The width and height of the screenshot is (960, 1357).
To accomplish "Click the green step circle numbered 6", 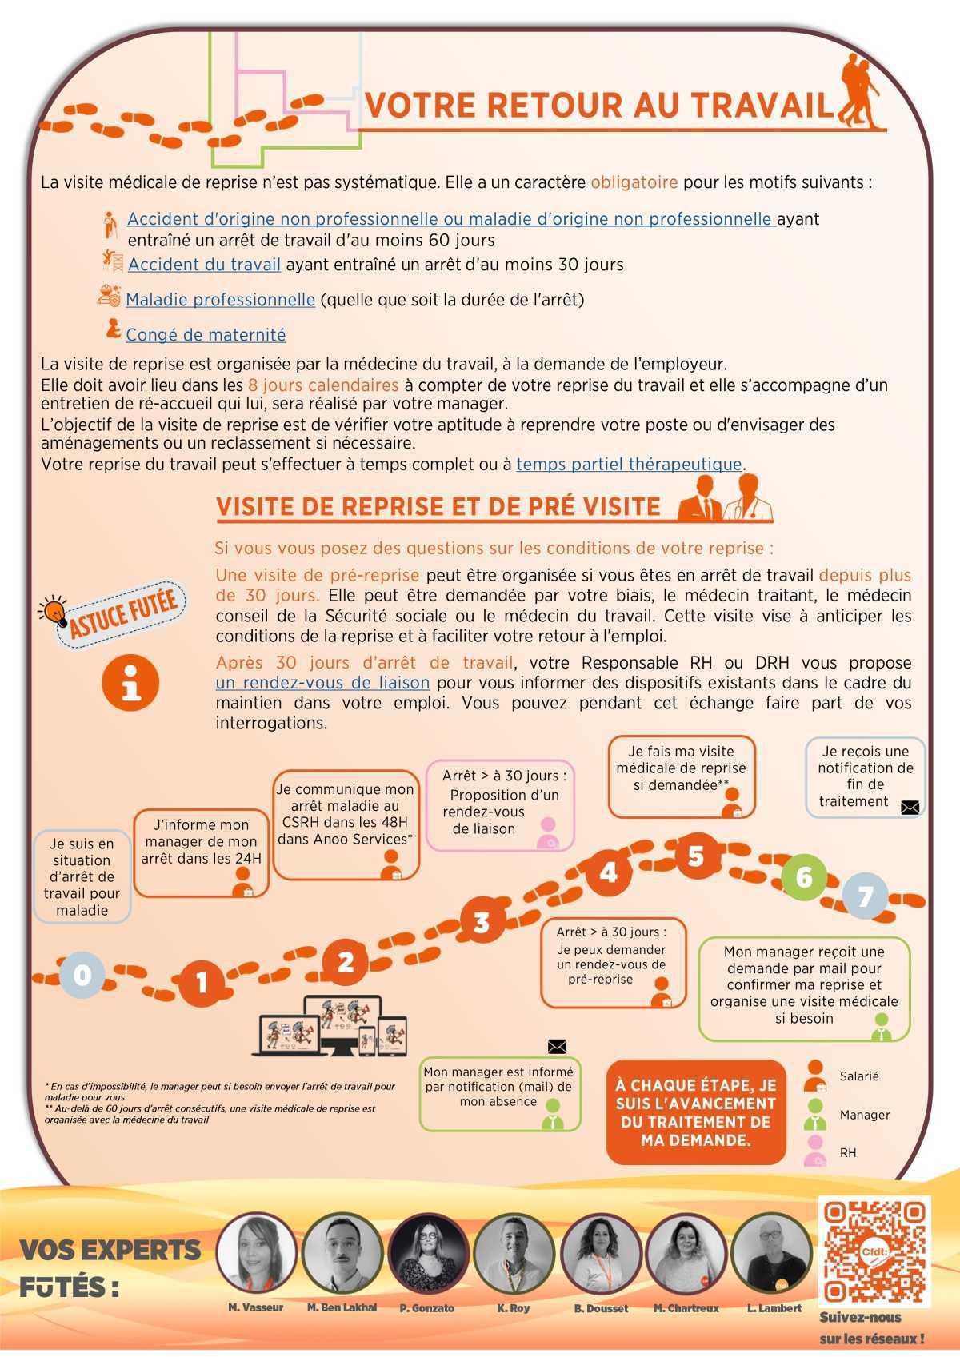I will click(803, 878).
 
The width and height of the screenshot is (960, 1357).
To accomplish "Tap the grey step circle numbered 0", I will click(82, 975).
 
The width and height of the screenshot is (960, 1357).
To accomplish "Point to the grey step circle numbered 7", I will click(865, 896).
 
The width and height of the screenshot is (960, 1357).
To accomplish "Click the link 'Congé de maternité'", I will click(206, 335).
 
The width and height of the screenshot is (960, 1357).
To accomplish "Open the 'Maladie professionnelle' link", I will click(220, 300).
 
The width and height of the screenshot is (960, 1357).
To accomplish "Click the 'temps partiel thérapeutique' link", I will click(629, 464).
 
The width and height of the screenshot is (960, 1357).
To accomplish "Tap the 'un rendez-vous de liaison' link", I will click(322, 683).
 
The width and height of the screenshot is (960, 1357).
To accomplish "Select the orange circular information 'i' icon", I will click(130, 682).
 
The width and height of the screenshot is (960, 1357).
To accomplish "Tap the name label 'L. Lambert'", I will click(774, 1308).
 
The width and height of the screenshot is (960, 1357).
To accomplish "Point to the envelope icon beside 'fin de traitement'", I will click(910, 808).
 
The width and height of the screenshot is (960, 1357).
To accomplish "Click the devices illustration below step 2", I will click(333, 1027).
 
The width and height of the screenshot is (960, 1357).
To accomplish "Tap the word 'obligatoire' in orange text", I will click(634, 182).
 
